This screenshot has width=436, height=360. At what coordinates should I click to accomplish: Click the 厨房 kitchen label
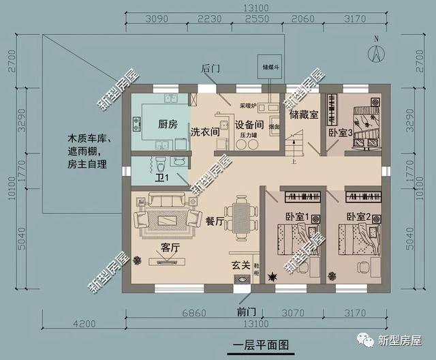[168, 125]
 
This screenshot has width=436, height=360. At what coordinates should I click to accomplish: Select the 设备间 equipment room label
[249, 125]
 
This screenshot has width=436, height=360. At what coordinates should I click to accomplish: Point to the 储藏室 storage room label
[304, 115]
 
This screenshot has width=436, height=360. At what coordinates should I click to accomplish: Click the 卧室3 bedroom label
[339, 134]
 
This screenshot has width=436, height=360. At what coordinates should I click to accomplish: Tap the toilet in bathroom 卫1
[160, 164]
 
